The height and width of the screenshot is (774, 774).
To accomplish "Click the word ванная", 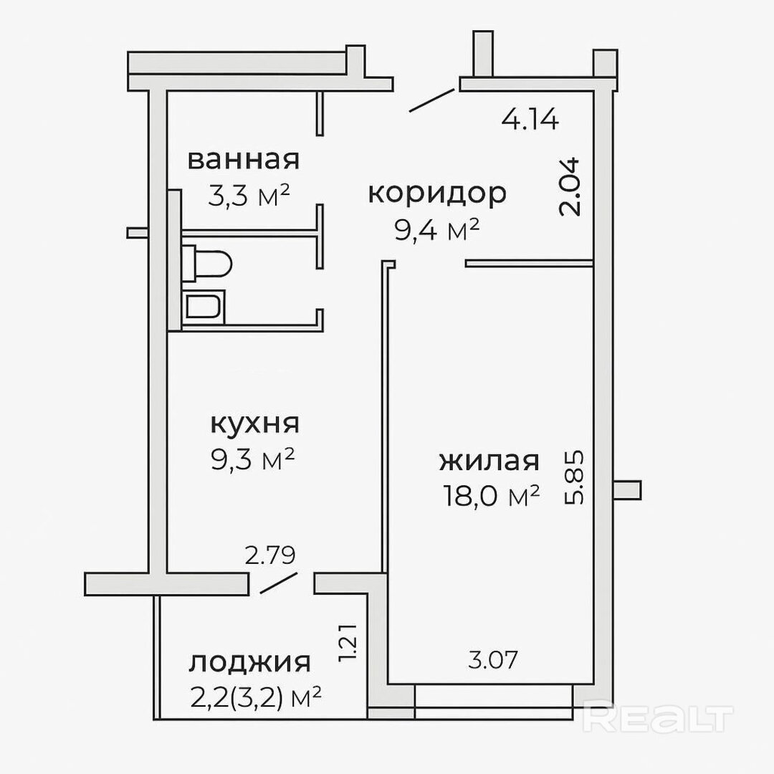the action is pos(244,160).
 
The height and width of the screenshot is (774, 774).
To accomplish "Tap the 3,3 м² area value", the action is pos(249,196).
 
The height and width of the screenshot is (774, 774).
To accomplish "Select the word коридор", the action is pos(437,193).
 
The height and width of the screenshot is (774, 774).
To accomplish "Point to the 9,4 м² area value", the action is pos(437,229).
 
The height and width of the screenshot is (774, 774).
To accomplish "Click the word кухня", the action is pos(254,424).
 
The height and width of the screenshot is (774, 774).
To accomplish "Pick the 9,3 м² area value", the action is pos(253,459).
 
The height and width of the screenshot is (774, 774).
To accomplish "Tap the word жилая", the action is pos(489,461).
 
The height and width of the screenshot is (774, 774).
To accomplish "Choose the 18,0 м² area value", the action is pos(491,496).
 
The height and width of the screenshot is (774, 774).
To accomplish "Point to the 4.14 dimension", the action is pos(530,119).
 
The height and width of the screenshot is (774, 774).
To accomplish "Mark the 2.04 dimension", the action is pos(569,186).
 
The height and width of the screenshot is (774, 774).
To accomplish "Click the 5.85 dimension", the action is pos(574,477).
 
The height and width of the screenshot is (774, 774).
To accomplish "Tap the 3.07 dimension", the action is pos(492,660).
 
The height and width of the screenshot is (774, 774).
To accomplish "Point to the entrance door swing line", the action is pos(432,100).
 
